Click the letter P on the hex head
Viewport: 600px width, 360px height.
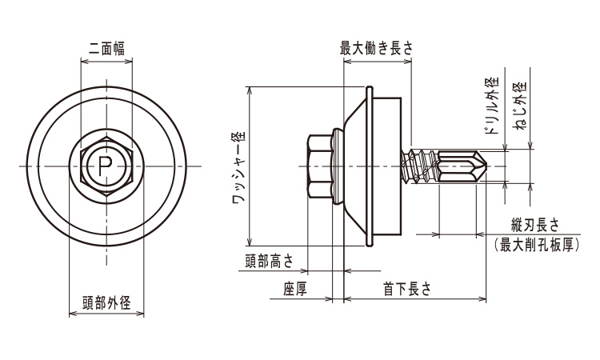pos(104,166)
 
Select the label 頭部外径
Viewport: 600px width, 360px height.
pos(106,302)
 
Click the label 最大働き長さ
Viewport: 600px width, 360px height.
pos(377,48)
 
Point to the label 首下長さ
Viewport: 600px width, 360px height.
pos(406,288)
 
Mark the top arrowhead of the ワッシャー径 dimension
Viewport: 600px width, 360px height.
pos(251,89)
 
